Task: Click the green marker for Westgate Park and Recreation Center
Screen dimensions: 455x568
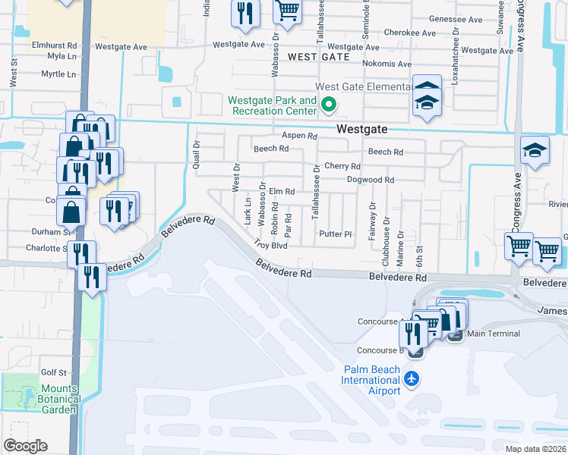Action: (329, 105)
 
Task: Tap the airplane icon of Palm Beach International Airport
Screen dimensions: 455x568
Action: (412, 378)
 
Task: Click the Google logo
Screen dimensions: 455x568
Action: (25, 446)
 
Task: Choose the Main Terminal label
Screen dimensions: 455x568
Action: (494, 334)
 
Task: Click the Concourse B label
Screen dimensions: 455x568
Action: (379, 350)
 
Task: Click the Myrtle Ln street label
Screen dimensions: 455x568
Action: (58, 74)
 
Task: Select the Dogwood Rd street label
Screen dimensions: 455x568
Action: (371, 180)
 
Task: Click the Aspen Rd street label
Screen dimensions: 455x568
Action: (299, 136)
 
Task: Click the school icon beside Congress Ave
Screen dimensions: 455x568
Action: (535, 152)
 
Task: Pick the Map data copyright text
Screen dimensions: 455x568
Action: (535, 449)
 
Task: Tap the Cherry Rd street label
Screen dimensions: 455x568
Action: (342, 166)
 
